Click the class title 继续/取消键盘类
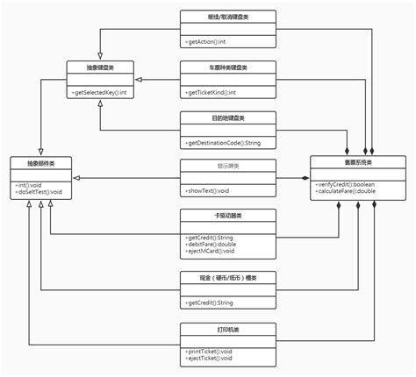pyautogui.click(x=227, y=17)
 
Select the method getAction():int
pyautogui.click(x=207, y=41)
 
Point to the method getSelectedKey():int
pyautogui.click(x=98, y=92)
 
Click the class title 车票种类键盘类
pyautogui.click(x=227, y=67)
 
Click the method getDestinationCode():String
pyautogui.click(x=223, y=142)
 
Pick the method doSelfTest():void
pyautogui.click(x=39, y=192)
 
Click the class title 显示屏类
pyautogui.click(x=227, y=166)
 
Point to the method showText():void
pyautogui.click(x=209, y=191)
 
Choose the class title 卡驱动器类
pyautogui.click(x=227, y=215)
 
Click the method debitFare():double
pyautogui.click(x=212, y=245)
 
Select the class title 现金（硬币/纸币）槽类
pyautogui.click(x=227, y=278)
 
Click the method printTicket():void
pyautogui.click(x=211, y=352)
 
